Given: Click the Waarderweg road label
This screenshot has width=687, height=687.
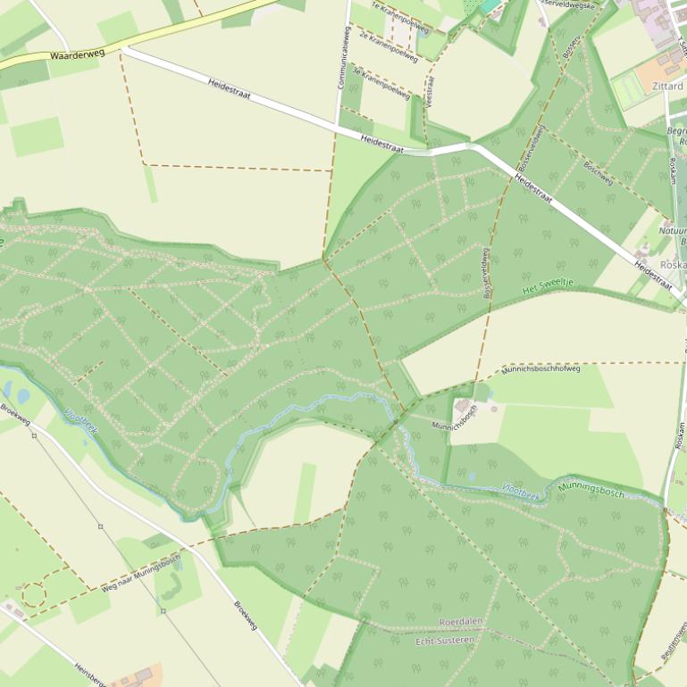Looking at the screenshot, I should [x=77, y=54].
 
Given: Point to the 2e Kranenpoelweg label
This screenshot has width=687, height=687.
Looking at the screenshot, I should [x=388, y=46].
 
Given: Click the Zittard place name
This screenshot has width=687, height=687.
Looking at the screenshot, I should [x=667, y=86].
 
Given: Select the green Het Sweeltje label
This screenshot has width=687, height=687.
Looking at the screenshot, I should [x=547, y=287].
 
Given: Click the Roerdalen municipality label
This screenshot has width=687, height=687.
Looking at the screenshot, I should [x=462, y=622].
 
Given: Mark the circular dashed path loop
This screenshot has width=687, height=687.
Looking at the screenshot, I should [x=33, y=594].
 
